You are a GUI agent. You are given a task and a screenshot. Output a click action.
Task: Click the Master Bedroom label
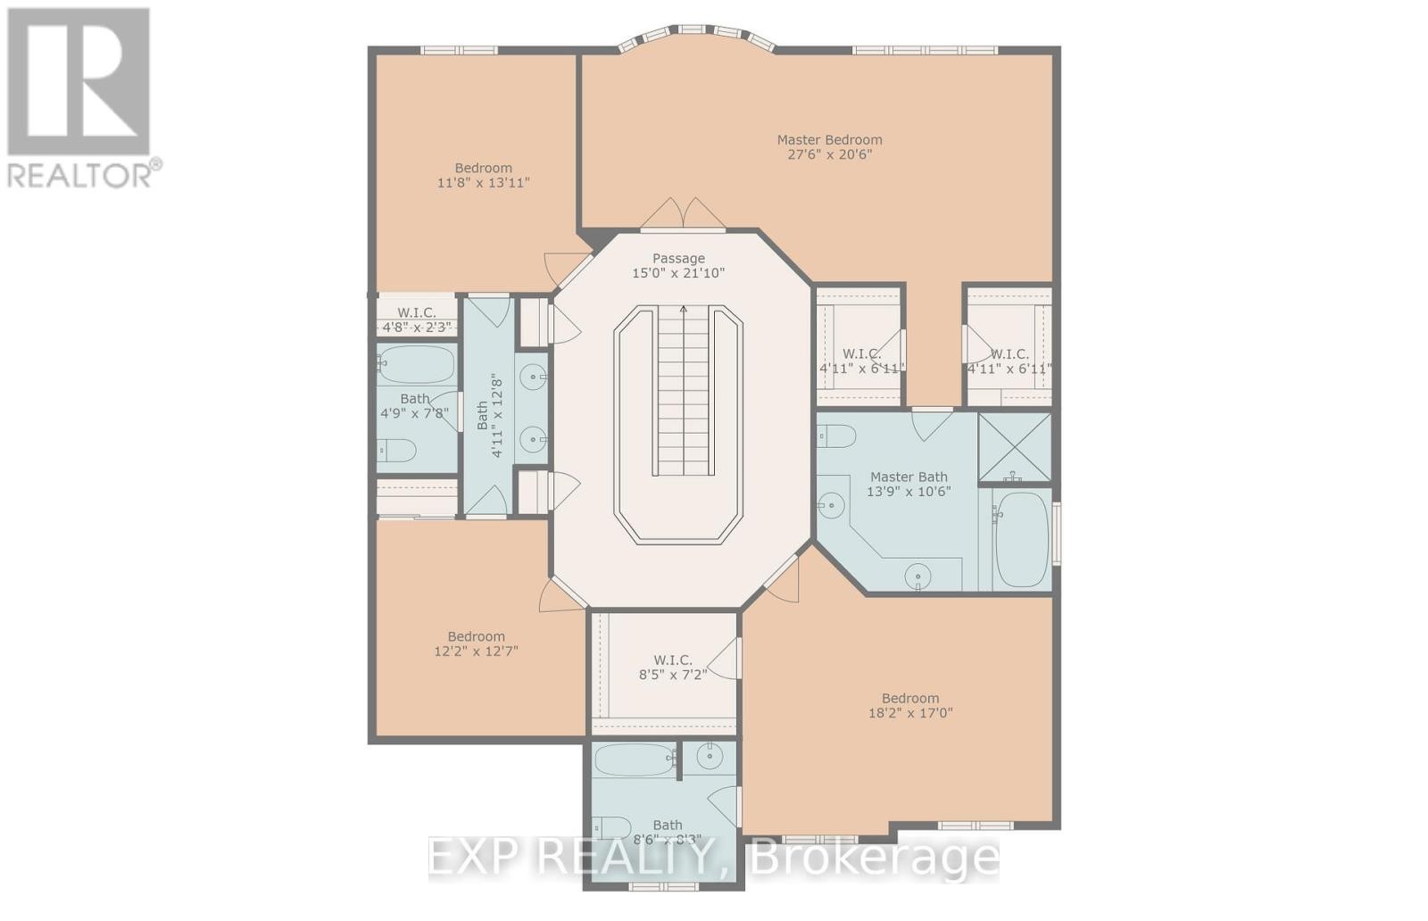point(829,139)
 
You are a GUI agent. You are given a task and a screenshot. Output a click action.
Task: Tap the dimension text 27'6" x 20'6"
point(829,154)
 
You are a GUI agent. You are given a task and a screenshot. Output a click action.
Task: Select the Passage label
point(678,258)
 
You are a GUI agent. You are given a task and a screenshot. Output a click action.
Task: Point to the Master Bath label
point(909,477)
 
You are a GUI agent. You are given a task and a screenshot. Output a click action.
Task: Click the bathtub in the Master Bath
point(1021,539)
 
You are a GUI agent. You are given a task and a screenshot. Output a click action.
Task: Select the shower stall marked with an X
point(1015,446)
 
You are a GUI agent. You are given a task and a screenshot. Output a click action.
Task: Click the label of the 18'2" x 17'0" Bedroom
point(910,698)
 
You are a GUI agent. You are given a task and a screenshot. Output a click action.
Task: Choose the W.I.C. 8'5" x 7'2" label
point(672,660)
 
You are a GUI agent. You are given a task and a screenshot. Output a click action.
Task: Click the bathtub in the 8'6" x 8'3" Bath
point(634,760)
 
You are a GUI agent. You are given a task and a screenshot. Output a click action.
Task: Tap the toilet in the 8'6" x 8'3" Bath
point(612,827)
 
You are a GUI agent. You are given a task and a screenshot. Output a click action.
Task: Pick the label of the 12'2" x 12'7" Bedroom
point(476,636)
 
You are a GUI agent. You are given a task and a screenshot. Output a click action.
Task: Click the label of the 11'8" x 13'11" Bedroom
point(483,168)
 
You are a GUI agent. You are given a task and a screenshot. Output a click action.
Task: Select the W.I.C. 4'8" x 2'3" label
point(416,312)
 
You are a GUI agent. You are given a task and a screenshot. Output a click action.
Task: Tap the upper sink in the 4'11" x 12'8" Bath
point(534,378)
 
